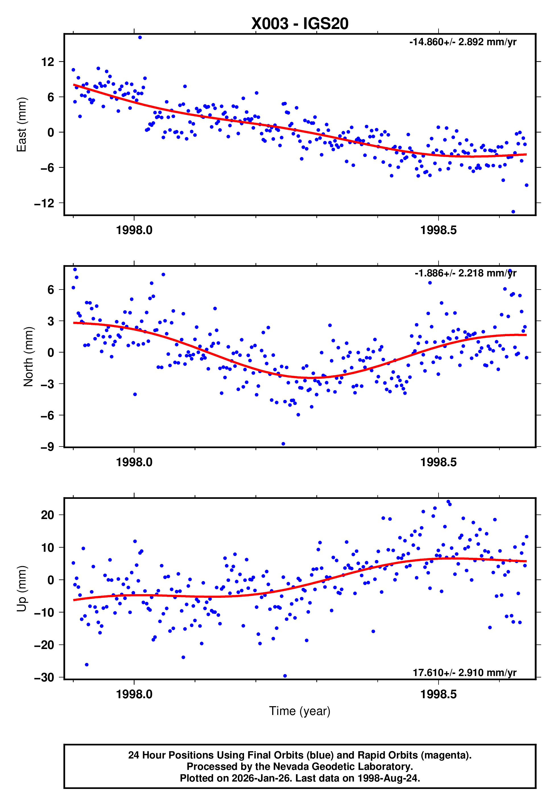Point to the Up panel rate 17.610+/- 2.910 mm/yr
464,673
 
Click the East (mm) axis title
22,125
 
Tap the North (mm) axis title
28,357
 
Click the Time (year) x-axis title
300,711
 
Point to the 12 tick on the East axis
47,62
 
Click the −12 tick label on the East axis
44,203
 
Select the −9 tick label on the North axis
47,447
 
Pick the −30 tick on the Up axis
44,677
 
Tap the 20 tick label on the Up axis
47,515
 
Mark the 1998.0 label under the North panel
134,462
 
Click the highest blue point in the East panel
140,37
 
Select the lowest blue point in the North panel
283,444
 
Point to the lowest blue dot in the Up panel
285,676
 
